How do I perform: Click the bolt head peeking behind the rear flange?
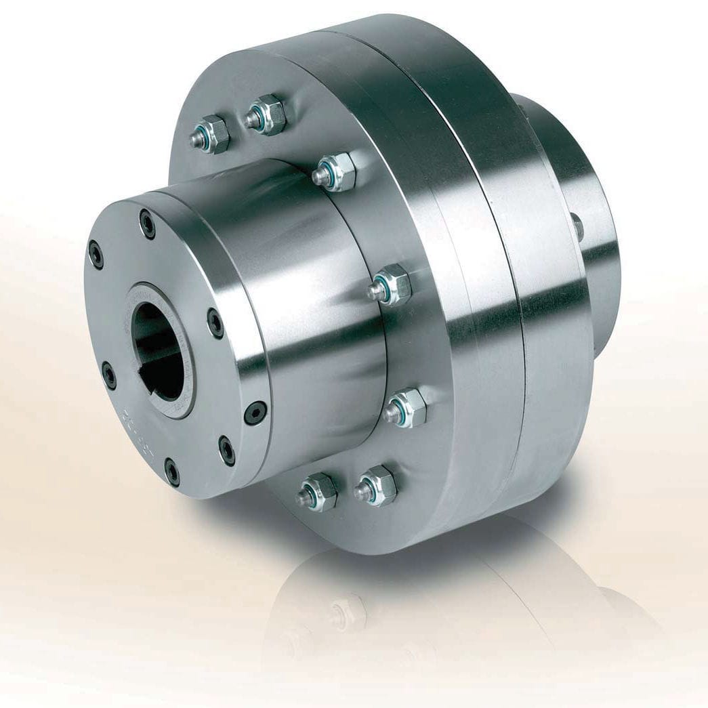tap(575, 224)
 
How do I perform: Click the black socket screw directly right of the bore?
tap(215, 323)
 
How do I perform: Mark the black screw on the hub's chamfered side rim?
tap(256, 411)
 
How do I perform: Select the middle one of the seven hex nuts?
tap(389, 285)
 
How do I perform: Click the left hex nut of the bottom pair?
tap(316, 491)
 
